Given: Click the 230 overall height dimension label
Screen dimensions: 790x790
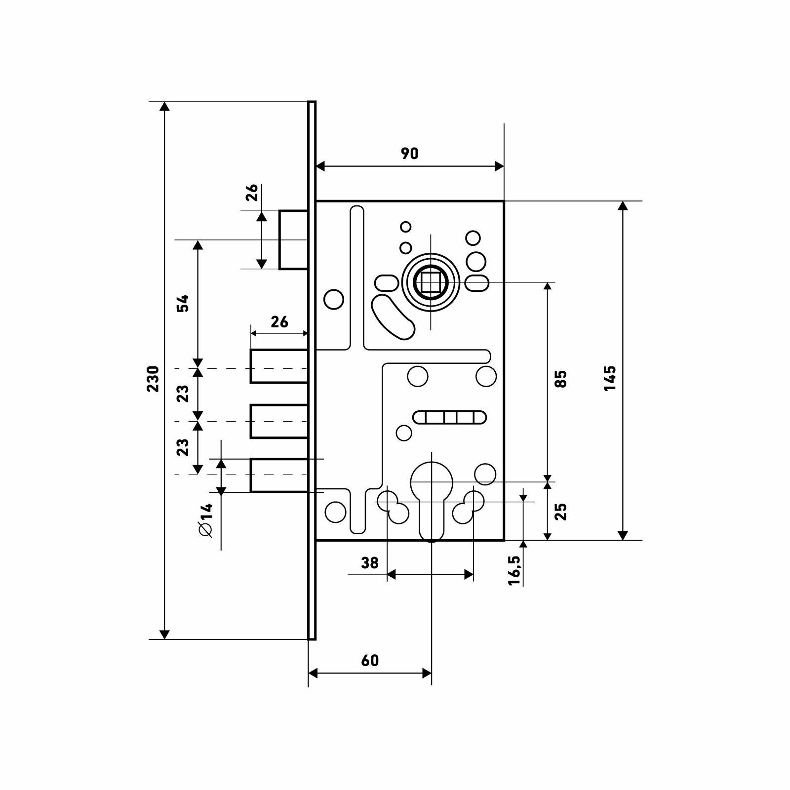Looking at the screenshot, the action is click(x=153, y=379).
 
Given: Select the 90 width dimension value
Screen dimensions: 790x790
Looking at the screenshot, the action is click(x=409, y=154).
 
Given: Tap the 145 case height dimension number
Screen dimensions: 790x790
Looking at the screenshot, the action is click(x=610, y=378).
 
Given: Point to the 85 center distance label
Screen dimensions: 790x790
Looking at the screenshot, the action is click(x=561, y=379).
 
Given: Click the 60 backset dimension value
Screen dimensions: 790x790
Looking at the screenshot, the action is click(x=370, y=660).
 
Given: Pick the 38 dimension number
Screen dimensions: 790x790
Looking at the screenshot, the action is click(x=369, y=562).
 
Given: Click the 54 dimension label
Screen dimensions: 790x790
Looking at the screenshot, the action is click(x=183, y=303).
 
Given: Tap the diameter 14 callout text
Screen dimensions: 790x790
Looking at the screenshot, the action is click(x=205, y=520).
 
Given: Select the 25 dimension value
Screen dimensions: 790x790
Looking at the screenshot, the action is click(x=561, y=512).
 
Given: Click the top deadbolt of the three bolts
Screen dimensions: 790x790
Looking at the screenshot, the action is click(x=279, y=366).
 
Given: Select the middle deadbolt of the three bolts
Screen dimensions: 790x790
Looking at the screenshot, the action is click(x=279, y=421).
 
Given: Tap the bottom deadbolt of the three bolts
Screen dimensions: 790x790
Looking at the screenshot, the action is click(x=279, y=475).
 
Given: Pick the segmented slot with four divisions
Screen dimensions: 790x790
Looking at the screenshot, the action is click(x=450, y=417).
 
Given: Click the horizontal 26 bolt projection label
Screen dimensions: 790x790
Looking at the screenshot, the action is click(x=279, y=322).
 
